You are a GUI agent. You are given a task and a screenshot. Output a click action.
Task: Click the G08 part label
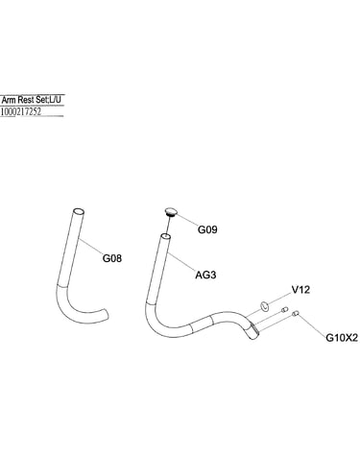coord(112,258)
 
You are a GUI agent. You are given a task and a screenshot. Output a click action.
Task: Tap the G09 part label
coord(207,229)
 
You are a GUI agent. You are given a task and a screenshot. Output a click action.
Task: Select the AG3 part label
coord(205,275)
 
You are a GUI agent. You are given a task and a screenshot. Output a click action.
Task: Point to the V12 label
coord(300,290)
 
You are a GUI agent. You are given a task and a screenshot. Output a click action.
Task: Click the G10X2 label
coord(342,338)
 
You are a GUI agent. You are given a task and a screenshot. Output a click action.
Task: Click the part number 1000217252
coord(21,111)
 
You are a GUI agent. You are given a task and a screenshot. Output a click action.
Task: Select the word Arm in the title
coord(9,100)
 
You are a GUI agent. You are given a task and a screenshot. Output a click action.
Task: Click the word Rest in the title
coord(26,100)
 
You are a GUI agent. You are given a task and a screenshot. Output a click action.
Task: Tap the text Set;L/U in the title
coord(48,100)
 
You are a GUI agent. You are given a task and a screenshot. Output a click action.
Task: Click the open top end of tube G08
coord(79,212)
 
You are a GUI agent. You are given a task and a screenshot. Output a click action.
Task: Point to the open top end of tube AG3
coord(165,237)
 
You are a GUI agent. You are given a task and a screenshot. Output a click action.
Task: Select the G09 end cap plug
coord(171,212)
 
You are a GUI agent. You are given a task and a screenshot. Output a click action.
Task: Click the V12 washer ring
coord(264,305)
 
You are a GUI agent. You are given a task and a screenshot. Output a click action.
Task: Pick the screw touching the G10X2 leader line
coord(295,314)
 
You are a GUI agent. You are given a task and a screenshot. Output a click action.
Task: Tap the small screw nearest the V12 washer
coord(284,309)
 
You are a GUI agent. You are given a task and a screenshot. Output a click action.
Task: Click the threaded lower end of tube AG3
coord(252,330)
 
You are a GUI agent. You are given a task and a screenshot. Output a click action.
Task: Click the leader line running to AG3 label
coord(182,262)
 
